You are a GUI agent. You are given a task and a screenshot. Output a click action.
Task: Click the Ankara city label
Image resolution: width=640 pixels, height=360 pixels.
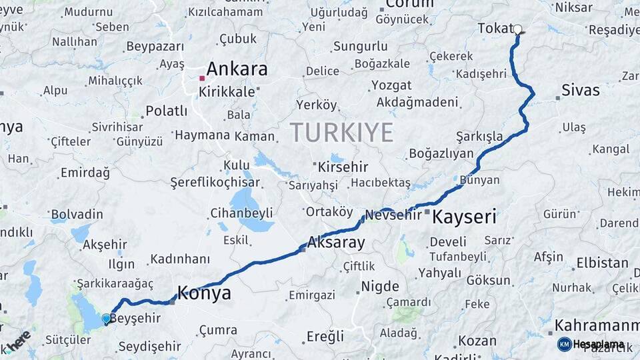click(237, 69)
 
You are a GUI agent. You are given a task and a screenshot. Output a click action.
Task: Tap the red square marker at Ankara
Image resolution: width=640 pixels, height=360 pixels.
click(202, 78)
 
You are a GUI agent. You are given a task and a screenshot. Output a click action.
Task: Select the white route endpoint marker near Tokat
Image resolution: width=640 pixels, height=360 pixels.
click(518, 29)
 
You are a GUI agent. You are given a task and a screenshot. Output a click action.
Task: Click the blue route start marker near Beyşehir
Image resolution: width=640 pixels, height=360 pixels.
click(106, 319)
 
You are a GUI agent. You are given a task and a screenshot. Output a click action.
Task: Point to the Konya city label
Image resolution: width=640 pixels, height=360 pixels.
click(204, 293)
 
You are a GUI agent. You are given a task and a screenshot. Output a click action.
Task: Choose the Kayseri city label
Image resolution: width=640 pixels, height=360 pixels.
click(465, 216)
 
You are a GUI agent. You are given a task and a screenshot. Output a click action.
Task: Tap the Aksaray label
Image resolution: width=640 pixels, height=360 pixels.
click(336, 242)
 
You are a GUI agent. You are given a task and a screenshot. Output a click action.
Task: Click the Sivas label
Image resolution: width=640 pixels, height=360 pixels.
click(580, 90)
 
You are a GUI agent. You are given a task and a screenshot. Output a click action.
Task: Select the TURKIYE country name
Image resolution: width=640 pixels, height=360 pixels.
click(341, 133)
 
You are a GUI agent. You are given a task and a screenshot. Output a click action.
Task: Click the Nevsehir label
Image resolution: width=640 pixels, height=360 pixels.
click(394, 215)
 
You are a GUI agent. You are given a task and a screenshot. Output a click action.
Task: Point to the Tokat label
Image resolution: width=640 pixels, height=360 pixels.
click(494, 28)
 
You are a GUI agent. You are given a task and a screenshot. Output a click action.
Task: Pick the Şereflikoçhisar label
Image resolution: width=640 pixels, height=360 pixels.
click(215, 182)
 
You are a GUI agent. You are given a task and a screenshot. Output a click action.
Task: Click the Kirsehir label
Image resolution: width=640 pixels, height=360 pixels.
click(343, 165)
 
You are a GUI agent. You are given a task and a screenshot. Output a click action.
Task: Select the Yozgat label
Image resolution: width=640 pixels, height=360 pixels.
click(391, 86)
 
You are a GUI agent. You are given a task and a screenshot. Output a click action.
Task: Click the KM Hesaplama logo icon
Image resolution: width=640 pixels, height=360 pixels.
click(565, 344)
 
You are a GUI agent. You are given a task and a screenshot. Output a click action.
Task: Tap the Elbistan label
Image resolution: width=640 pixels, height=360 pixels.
click(602, 263)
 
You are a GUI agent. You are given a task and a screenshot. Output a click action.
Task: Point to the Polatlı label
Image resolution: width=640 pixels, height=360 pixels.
click(166, 111)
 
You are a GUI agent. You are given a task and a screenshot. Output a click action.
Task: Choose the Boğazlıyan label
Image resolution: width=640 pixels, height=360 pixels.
click(441, 153)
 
